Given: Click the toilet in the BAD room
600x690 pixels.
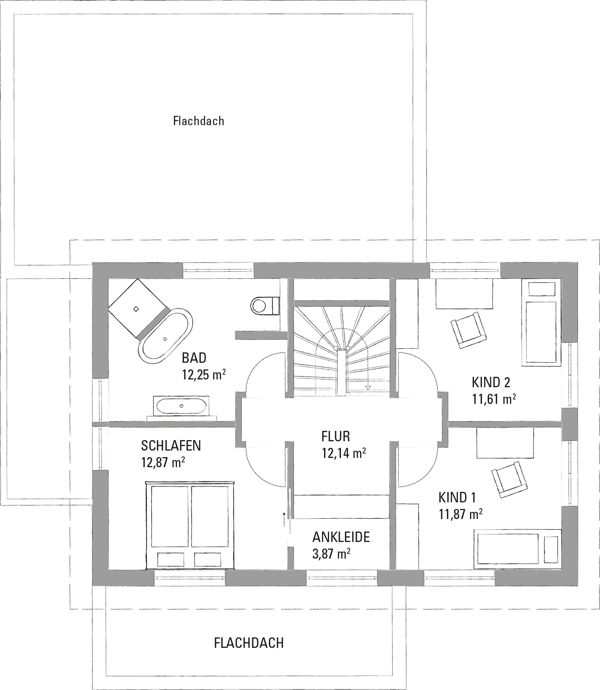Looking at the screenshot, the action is tap(265, 305).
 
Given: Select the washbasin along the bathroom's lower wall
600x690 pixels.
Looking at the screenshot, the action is tap(181, 406).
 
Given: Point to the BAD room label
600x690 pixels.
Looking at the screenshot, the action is tap(194, 358).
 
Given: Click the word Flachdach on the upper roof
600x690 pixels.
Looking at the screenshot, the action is tap(199, 121).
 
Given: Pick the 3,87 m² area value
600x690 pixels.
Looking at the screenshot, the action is tap(331, 554).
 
